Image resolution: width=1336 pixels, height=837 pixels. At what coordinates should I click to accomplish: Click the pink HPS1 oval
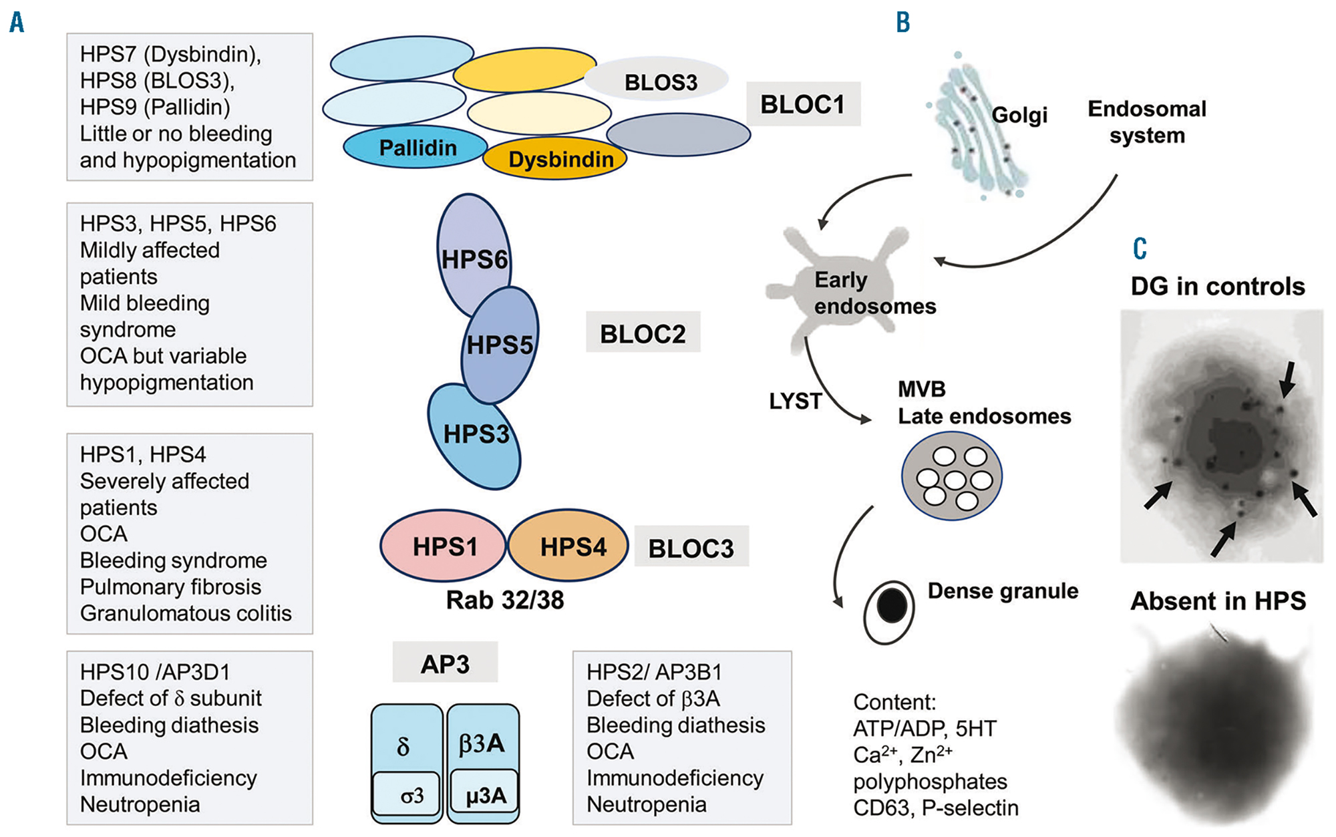[x=444, y=546]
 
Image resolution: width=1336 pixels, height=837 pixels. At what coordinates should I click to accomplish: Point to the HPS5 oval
[x=500, y=345]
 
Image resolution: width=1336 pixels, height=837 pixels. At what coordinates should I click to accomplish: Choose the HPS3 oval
[x=475, y=435]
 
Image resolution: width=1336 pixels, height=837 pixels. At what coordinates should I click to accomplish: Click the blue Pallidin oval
[x=417, y=147]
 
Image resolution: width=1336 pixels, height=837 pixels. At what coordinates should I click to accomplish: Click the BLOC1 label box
[x=803, y=104]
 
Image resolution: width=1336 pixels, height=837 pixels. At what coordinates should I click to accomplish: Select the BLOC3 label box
[x=691, y=548]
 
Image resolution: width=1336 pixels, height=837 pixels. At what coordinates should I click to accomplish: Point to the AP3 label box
[x=445, y=663]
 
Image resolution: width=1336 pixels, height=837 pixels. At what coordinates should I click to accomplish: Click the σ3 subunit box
[x=407, y=795]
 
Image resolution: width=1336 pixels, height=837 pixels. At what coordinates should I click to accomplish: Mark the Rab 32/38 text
[x=505, y=600]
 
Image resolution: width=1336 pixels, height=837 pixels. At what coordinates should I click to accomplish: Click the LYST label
[x=795, y=401]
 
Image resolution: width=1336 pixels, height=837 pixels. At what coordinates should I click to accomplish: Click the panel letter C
[x=1140, y=248]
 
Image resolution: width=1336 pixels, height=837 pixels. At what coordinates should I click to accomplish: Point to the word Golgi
[x=1019, y=115]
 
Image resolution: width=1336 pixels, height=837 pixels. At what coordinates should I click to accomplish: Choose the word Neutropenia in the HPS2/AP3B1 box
[x=646, y=804]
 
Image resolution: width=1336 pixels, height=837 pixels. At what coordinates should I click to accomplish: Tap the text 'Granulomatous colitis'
[x=186, y=613]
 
